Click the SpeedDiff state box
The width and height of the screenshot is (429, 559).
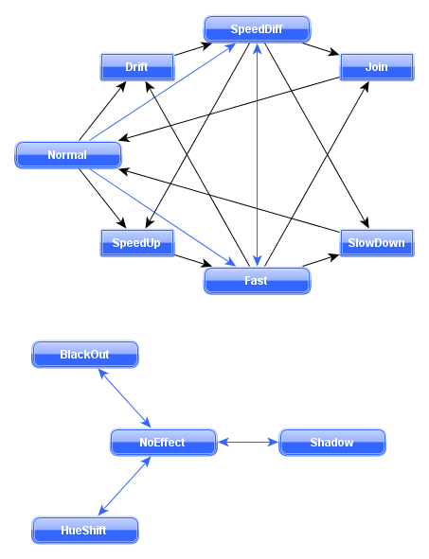(257, 29)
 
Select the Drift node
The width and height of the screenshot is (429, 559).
(137, 67)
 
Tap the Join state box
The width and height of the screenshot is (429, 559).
(377, 67)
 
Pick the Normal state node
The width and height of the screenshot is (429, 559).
(68, 155)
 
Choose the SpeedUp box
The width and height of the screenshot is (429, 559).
(137, 243)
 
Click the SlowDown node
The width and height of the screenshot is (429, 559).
(377, 243)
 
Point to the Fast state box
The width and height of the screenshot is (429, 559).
(257, 281)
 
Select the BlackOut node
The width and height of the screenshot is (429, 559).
(85, 355)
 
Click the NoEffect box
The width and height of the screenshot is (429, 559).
(164, 443)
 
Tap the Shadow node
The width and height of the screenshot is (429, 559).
(331, 443)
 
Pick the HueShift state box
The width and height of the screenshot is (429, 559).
(85, 531)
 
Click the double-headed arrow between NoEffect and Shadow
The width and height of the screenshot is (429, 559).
(248, 443)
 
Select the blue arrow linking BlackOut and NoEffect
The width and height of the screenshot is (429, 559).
(124, 398)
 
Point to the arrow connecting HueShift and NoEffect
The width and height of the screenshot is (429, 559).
(124, 486)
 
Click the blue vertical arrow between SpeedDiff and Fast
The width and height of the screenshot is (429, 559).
(257, 155)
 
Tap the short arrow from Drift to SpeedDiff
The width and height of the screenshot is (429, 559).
(193, 49)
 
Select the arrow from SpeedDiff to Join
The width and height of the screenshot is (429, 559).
(321, 49)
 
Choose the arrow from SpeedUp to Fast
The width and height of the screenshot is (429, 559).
(193, 261)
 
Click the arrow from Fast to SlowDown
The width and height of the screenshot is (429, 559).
(321, 261)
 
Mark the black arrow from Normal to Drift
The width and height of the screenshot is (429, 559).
(102, 111)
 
